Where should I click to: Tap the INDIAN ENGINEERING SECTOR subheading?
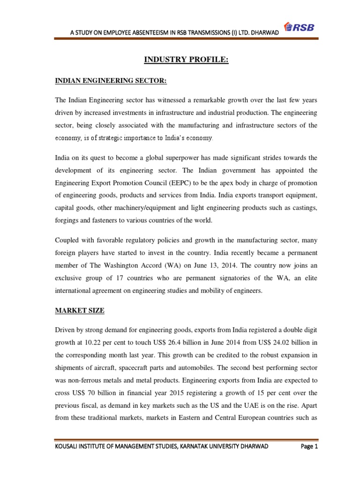111,82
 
